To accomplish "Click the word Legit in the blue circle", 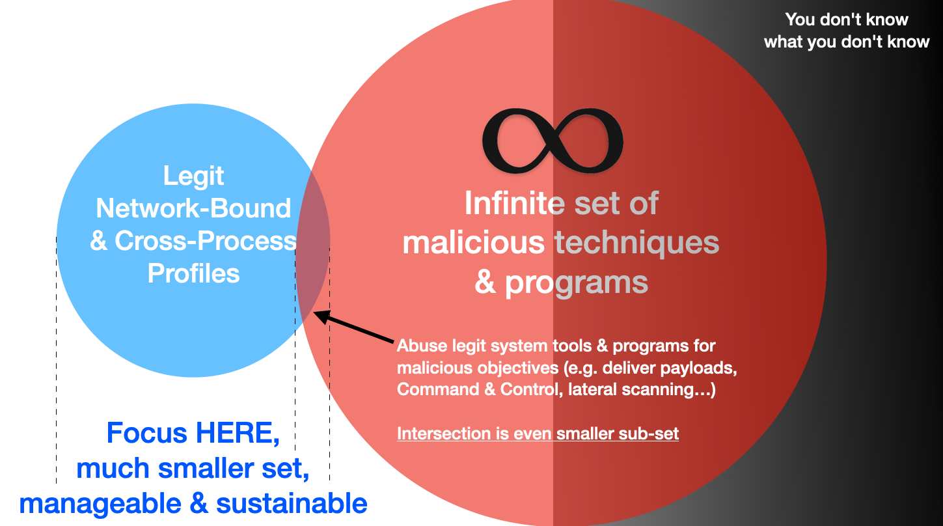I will tap(193, 176).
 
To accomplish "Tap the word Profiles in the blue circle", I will tap(193, 273).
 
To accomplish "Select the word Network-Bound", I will tap(193, 208).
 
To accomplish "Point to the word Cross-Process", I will tap(205, 241).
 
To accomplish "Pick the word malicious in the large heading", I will tap(473, 243).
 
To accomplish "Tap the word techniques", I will tap(636, 243).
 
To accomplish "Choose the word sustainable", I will tap(291, 503).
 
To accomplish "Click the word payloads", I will tap(698, 368).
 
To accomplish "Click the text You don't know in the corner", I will tap(846, 20).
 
